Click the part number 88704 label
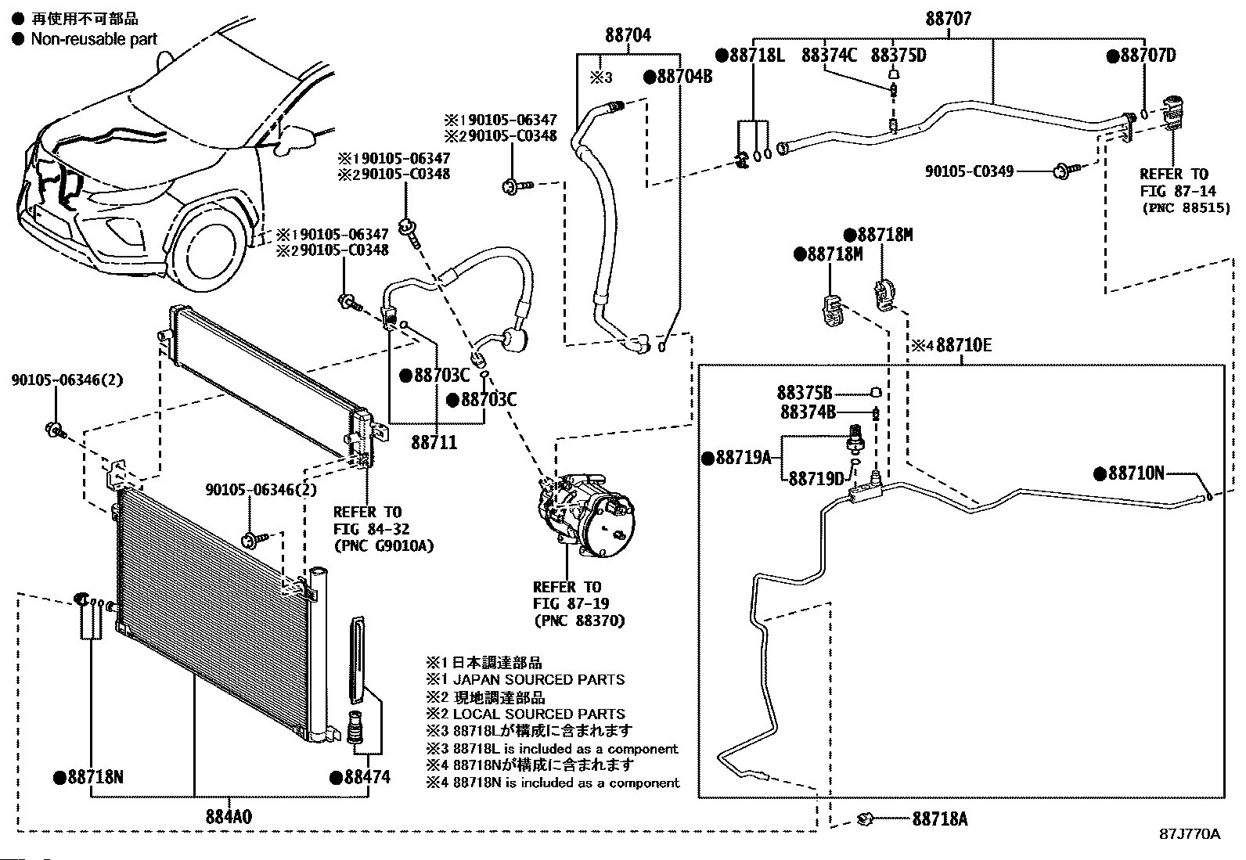pyautogui.click(x=627, y=35)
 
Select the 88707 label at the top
pyautogui.click(x=948, y=19)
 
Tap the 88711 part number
pyautogui.click(x=434, y=443)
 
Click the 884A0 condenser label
pyautogui.click(x=229, y=816)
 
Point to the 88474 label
pyautogui.click(x=366, y=777)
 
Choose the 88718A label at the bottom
pyautogui.click(x=939, y=819)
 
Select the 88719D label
pyautogui.click(x=816, y=478)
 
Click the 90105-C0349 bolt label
pyautogui.click(x=969, y=170)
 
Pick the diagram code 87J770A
pyautogui.click(x=1190, y=834)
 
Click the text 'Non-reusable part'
pyautogui.click(x=94, y=39)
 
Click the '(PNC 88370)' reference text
pyautogui.click(x=579, y=621)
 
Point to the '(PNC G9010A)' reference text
pyautogui.click(x=384, y=545)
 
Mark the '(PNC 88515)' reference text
pyautogui.click(x=1185, y=208)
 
